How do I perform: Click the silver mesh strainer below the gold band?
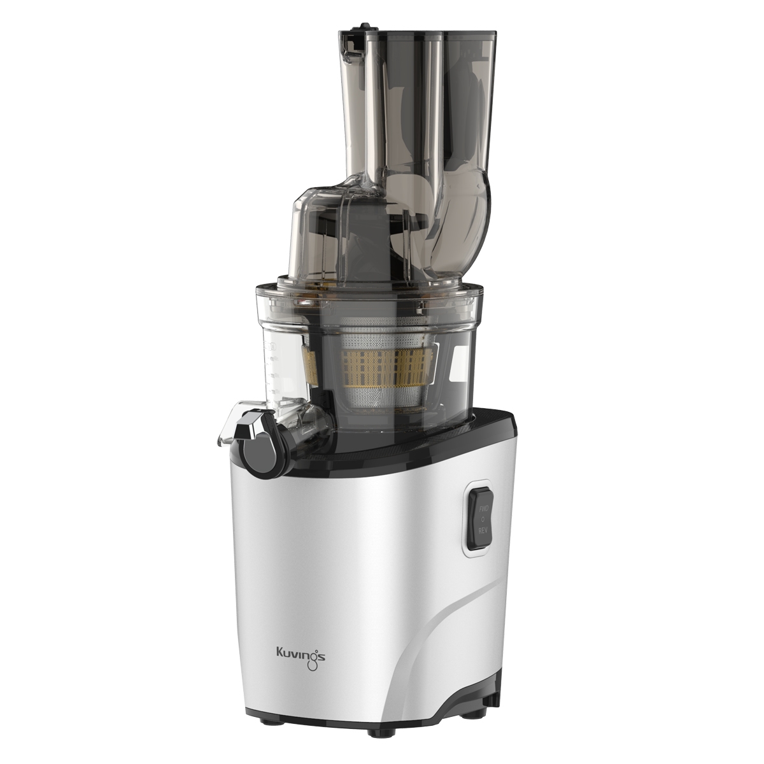click(376, 392)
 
